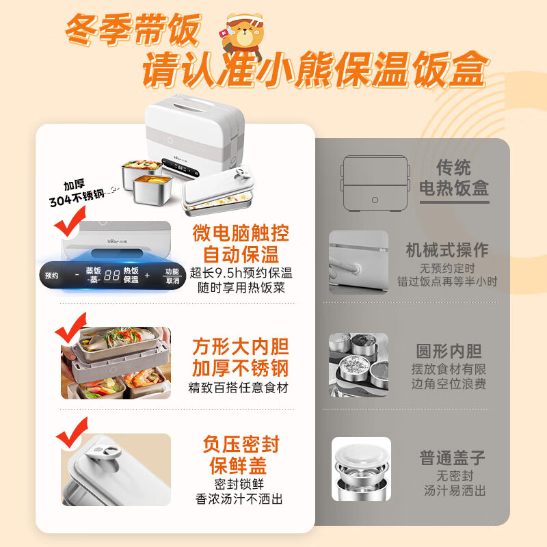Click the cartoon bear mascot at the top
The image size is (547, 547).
[243, 37]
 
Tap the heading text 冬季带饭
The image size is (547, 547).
[133, 30]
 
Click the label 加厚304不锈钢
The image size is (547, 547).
[77, 193]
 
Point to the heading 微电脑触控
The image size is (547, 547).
[241, 233]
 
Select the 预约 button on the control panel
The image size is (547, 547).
[52, 276]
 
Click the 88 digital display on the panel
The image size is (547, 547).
[111, 276]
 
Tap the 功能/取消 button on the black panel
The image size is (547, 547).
[172, 276]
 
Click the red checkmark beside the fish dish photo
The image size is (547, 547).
[71, 328]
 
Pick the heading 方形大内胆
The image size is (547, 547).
[241, 347]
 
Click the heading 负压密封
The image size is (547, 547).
[241, 444]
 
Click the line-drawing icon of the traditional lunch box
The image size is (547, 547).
[375, 183]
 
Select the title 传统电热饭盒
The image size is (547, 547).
[454, 178]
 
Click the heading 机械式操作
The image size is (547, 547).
[447, 250]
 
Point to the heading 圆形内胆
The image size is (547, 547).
[449, 351]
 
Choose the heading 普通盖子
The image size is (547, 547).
[453, 457]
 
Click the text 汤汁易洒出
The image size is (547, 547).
[455, 490]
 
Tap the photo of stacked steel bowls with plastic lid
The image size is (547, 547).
[361, 469]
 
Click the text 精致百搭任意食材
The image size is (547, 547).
[239, 388]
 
